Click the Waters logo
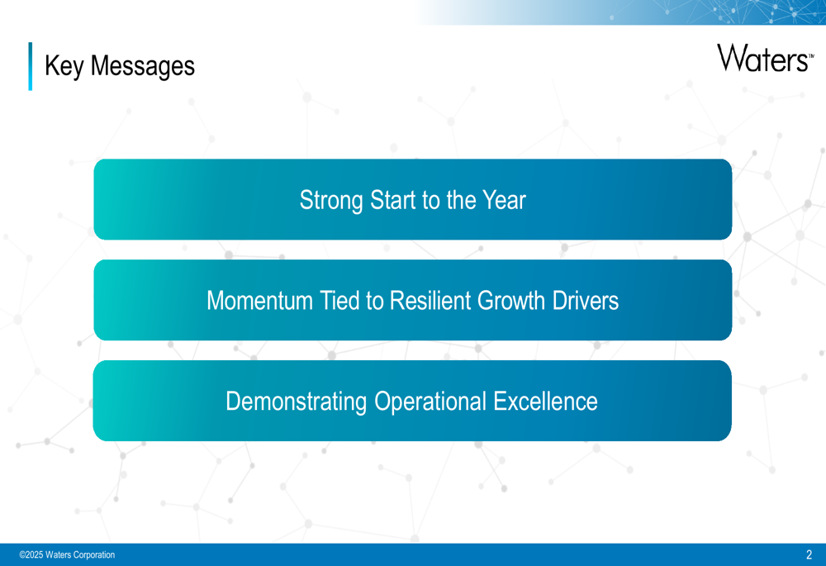[765, 58]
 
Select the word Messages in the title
[143, 67]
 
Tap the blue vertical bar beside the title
[30, 66]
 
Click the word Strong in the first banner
[331, 201]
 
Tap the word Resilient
[430, 301]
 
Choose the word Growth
[511, 301]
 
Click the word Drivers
[586, 301]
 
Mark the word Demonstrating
[296, 402]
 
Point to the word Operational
[430, 402]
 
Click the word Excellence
[546, 402]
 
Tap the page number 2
[809, 554]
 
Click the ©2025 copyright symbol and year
[31, 555]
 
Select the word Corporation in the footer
[94, 555]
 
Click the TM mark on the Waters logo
[811, 55]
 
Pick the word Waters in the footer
[58, 555]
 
